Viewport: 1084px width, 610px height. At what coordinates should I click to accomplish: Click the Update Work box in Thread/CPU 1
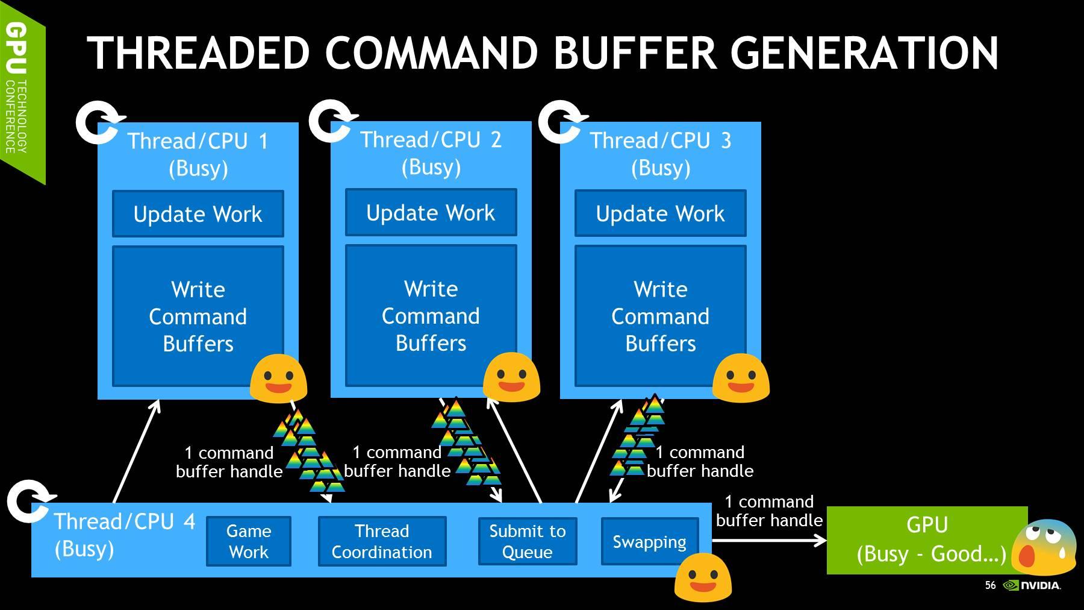(198, 214)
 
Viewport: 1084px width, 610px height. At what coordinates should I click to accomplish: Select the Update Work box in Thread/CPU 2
(431, 213)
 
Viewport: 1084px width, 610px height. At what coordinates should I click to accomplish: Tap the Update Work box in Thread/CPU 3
(660, 213)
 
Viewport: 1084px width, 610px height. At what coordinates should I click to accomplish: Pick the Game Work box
(248, 541)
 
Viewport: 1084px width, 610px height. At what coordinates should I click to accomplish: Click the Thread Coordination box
(382, 541)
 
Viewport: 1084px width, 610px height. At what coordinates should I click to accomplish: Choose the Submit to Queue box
(527, 541)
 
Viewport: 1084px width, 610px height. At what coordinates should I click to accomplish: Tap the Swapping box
(649, 541)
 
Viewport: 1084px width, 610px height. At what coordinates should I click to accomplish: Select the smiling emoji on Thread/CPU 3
(741, 378)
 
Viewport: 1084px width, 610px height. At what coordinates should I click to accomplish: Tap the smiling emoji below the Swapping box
(703, 577)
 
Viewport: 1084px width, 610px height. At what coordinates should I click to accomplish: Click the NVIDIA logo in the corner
(1032, 585)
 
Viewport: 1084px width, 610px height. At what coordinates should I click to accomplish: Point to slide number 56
(990, 585)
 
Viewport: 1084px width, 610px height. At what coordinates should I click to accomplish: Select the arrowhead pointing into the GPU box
(820, 541)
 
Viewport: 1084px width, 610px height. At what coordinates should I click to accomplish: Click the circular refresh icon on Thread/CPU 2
(330, 121)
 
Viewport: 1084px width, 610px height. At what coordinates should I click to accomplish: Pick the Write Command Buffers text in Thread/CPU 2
(431, 316)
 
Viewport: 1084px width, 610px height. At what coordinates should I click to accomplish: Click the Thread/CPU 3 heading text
(660, 141)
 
